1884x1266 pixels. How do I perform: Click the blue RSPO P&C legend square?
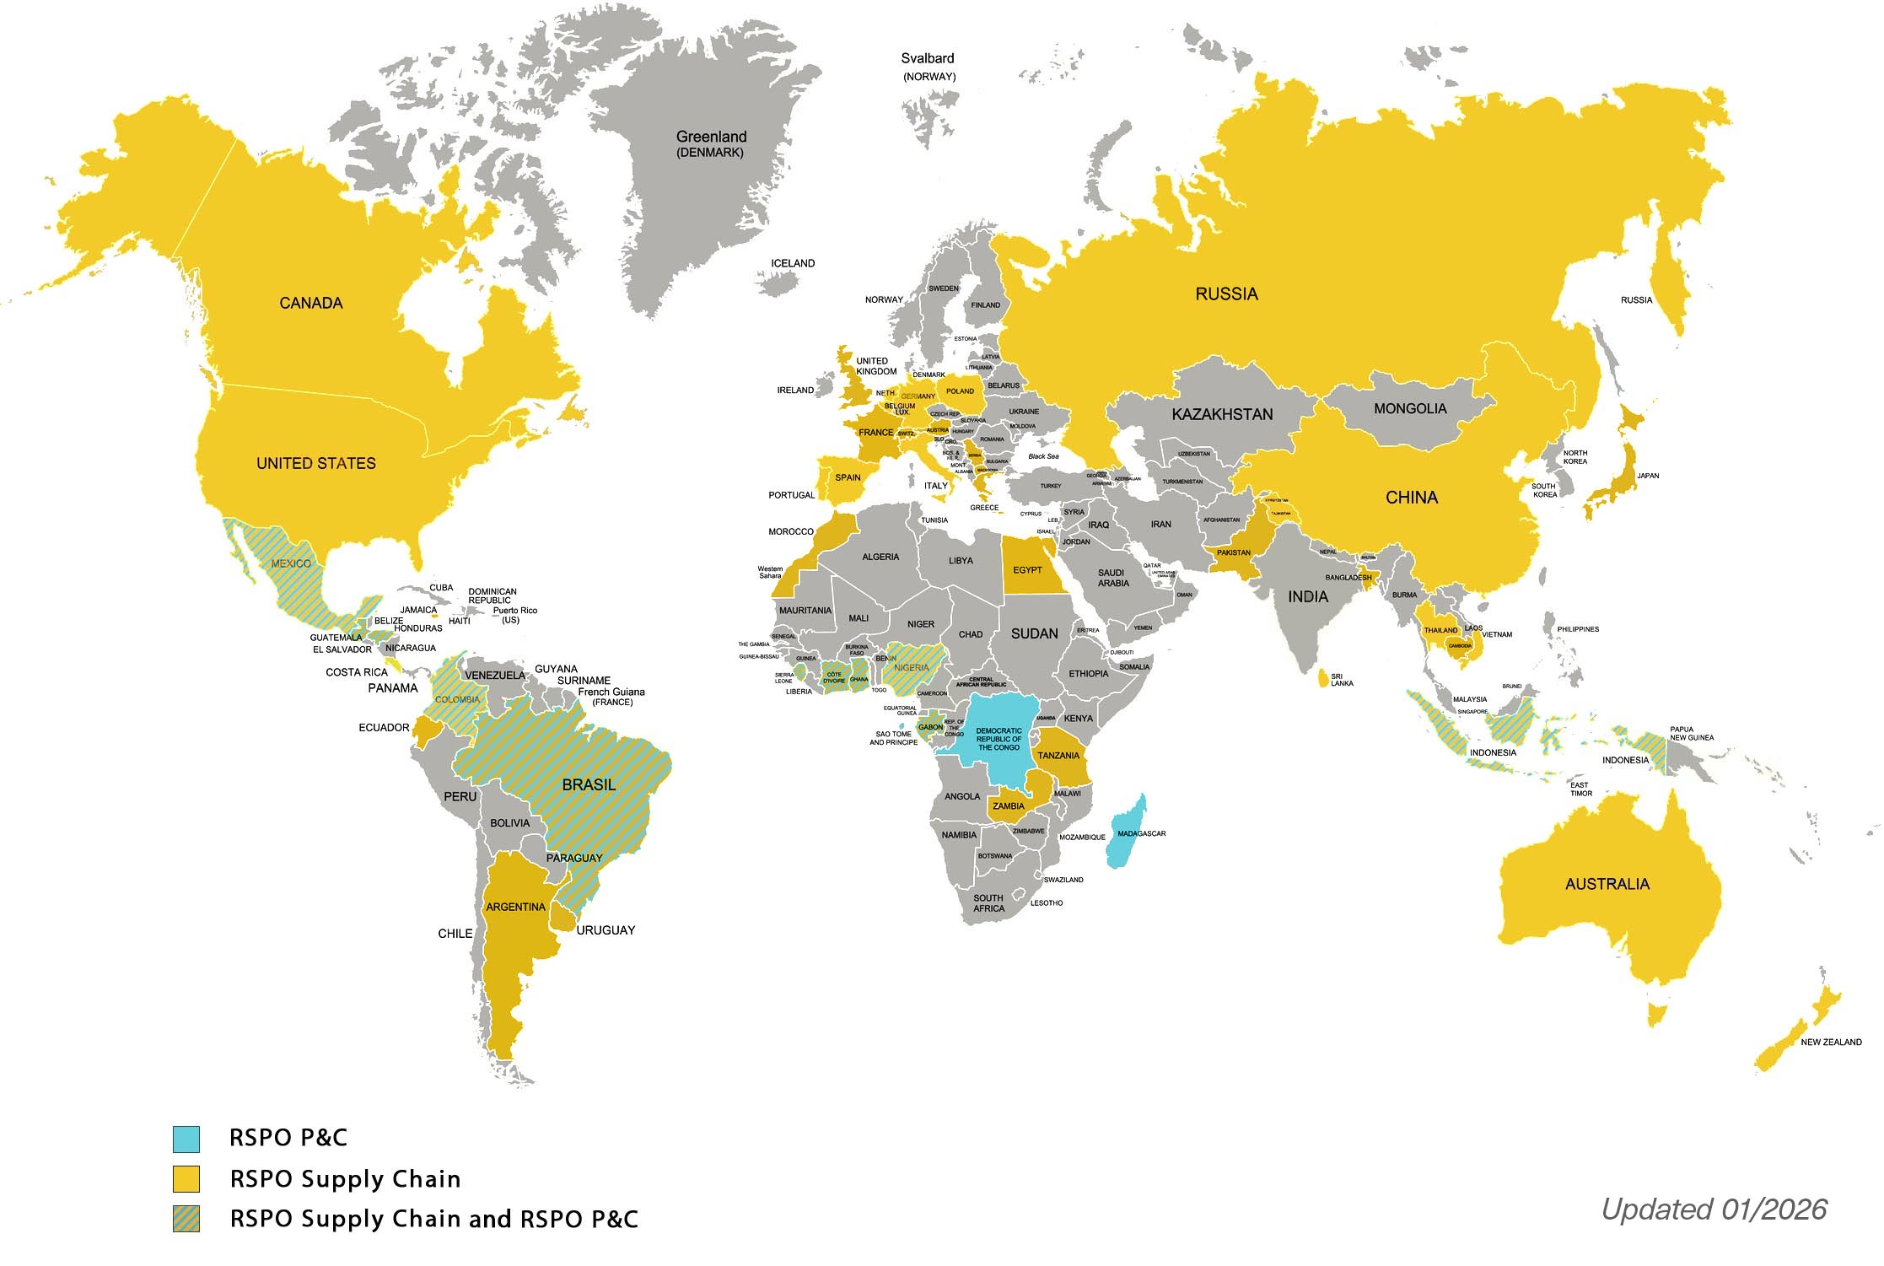(186, 1139)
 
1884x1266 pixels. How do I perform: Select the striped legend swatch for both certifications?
(186, 1220)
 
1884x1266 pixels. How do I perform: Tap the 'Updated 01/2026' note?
(1714, 1209)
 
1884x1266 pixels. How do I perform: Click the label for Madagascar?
(1141, 833)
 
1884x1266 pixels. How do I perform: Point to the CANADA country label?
(311, 303)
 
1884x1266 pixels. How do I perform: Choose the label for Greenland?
(711, 137)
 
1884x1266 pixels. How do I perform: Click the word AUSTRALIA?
(1607, 884)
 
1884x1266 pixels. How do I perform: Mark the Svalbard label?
(927, 59)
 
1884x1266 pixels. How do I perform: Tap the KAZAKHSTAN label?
(1222, 414)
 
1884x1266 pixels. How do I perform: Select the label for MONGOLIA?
(1410, 409)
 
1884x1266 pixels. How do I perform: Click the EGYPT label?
(1027, 570)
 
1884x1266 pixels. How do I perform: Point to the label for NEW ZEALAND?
(1831, 1042)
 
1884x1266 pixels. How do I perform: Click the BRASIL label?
(589, 784)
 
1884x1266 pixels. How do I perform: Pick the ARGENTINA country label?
(515, 908)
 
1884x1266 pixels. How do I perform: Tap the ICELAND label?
(793, 263)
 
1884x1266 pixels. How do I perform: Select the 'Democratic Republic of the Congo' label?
(999, 739)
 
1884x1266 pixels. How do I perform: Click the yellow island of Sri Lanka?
(1321, 677)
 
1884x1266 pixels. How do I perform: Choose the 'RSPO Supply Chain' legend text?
(345, 1179)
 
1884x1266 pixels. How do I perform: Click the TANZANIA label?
(1058, 756)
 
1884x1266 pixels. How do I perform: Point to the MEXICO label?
(291, 563)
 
